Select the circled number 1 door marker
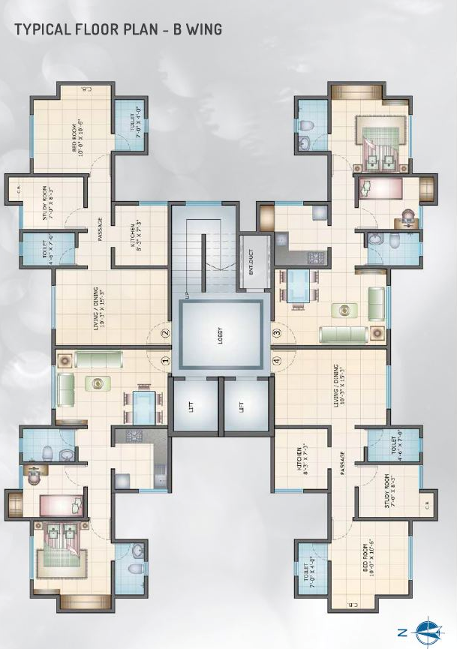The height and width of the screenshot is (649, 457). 166,360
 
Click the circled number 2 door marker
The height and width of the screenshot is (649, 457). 166,333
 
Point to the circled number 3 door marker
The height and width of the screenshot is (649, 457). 276,333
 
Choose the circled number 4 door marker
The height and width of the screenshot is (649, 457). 276,360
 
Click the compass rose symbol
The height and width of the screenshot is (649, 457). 427,627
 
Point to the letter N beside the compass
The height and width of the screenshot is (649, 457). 402,627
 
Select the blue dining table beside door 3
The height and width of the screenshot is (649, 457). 297,286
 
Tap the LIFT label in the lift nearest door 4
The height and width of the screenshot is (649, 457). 241,407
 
